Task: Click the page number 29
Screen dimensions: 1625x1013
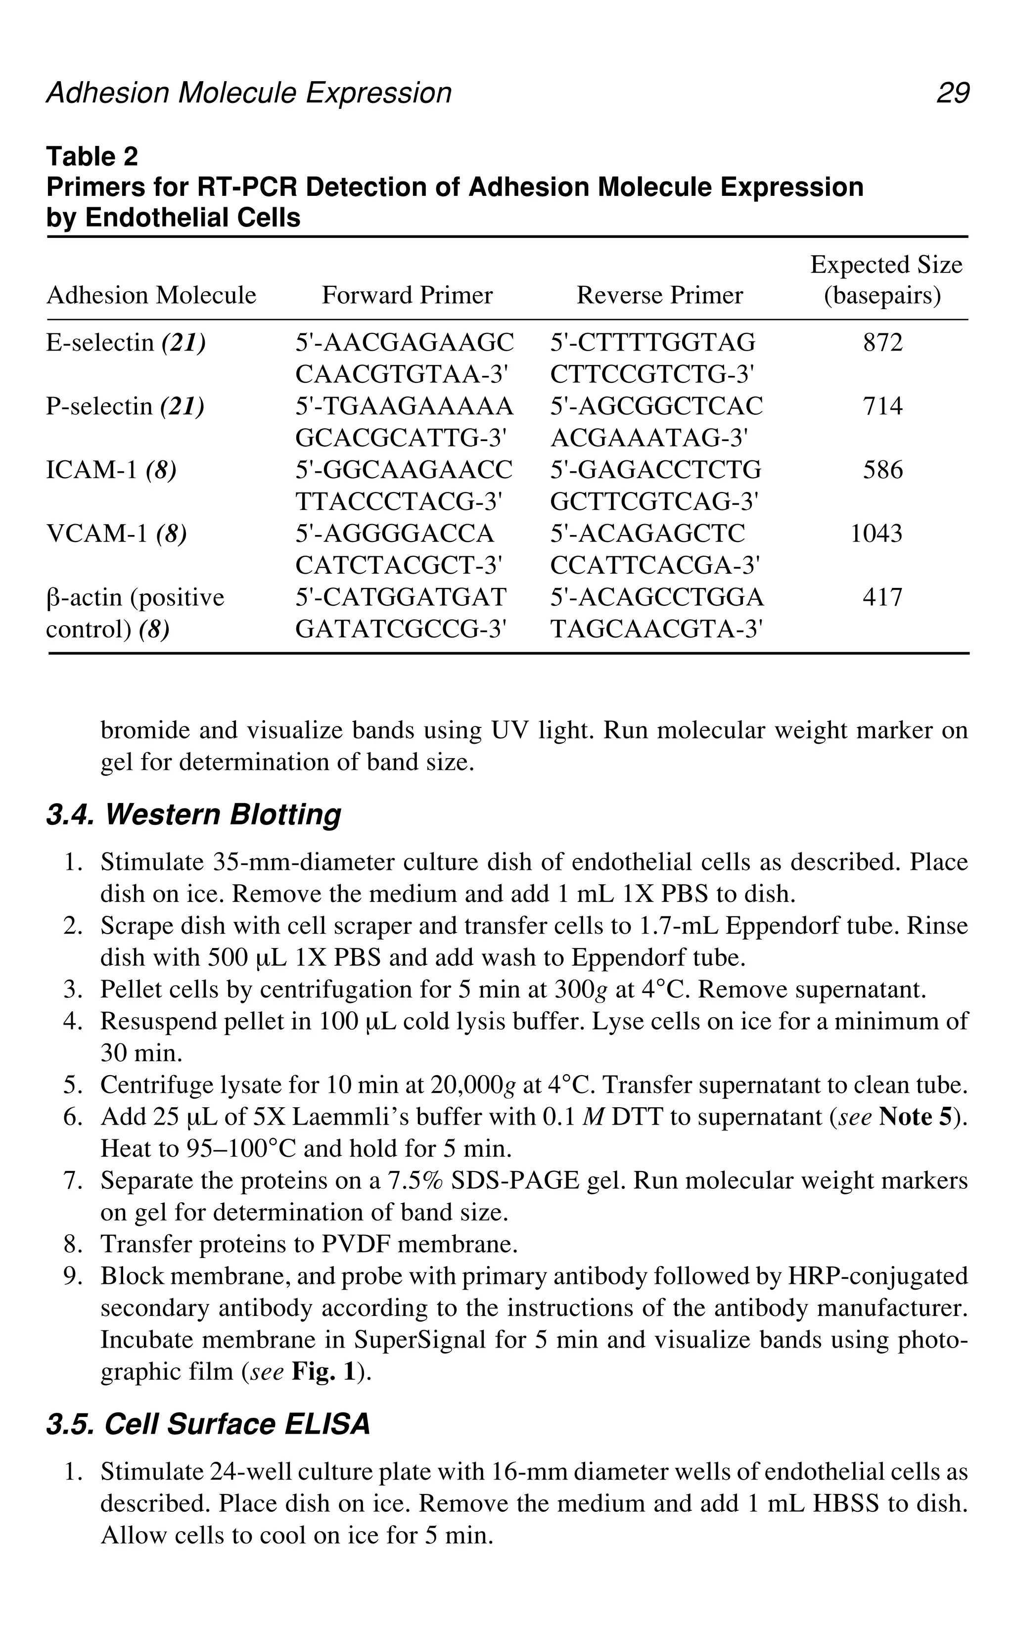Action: click(x=952, y=93)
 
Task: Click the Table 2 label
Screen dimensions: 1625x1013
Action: click(x=92, y=157)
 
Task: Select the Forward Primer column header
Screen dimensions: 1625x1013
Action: click(x=407, y=295)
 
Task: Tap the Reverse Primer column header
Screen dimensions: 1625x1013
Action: click(x=659, y=295)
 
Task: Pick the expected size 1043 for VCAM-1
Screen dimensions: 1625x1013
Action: click(x=876, y=534)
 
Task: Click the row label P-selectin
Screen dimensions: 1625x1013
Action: click(x=99, y=406)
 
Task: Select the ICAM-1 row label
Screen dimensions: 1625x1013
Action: click(x=92, y=470)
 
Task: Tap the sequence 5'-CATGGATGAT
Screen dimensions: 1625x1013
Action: click(x=401, y=597)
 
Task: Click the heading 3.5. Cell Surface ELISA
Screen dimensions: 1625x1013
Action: click(x=208, y=1424)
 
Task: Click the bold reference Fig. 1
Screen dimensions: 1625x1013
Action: click(x=323, y=1372)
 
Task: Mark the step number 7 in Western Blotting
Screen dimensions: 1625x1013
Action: click(x=72, y=1180)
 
